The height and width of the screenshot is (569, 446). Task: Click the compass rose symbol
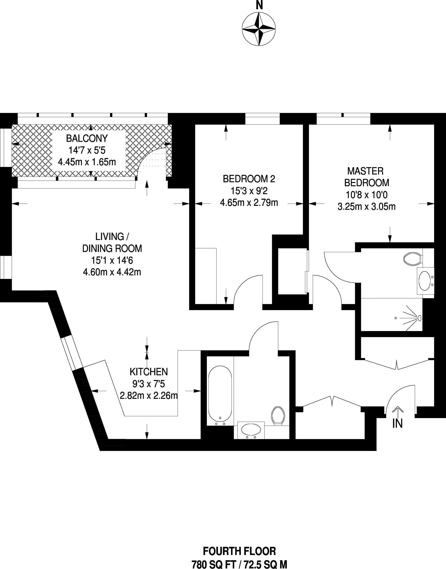pos(258,29)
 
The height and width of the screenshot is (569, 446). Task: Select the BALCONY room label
pos(87,138)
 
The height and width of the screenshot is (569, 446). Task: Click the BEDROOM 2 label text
pos(249,179)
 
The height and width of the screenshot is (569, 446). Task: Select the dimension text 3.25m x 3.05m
pos(367,207)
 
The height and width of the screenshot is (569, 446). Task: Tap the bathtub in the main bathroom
pos(220,395)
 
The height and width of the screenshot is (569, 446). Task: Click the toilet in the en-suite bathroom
pos(413,259)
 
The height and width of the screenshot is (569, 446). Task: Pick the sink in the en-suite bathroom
pos(425,281)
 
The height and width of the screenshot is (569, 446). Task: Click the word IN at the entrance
pos(397,424)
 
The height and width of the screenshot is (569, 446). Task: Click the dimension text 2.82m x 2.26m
pos(149,396)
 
